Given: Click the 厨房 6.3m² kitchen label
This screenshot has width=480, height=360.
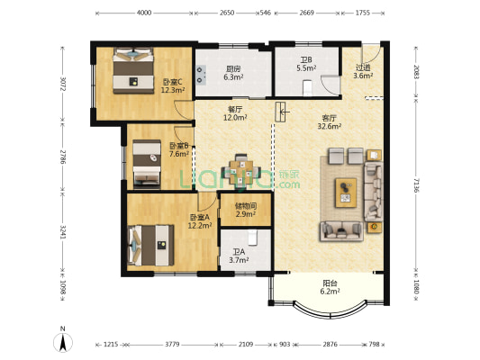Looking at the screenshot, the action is tap(233, 73).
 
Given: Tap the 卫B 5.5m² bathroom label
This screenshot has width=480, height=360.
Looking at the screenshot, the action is tap(306, 64).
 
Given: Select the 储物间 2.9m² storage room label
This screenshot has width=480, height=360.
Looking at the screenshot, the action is tap(246, 210).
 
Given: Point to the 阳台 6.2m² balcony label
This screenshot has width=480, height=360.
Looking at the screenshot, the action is tap(330, 287).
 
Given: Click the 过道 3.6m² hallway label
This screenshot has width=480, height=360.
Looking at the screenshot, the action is tap(363, 71).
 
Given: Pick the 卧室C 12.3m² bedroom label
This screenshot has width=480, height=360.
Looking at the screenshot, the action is tap(173, 85).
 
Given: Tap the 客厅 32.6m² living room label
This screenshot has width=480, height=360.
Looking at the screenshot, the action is tap(330, 121).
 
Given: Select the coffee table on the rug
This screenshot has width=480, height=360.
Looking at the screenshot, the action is tap(346, 193).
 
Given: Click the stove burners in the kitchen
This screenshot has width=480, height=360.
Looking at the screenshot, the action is tap(201, 75).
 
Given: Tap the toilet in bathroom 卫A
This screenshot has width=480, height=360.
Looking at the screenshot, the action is tap(252, 238).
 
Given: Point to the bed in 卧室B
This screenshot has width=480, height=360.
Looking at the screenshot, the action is tap(147, 163).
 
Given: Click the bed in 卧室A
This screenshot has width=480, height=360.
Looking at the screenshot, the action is tap(150, 246).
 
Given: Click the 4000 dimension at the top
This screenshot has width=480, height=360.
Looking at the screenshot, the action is tap(144, 13).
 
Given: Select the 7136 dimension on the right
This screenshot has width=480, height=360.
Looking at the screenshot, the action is tap(416, 185).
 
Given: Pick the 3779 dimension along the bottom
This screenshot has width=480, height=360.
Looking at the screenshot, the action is tap(172, 345).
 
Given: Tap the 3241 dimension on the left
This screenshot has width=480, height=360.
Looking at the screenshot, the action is tap(62, 233).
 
